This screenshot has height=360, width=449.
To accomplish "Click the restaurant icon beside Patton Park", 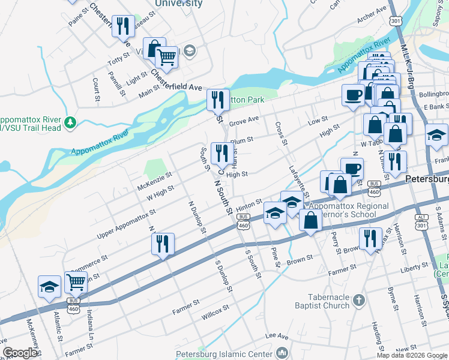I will click(218, 100).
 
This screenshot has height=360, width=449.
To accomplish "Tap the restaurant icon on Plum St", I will click(222, 155).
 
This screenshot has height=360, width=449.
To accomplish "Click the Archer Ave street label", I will click(372, 17).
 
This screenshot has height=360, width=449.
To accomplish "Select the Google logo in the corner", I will click(21, 352).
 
